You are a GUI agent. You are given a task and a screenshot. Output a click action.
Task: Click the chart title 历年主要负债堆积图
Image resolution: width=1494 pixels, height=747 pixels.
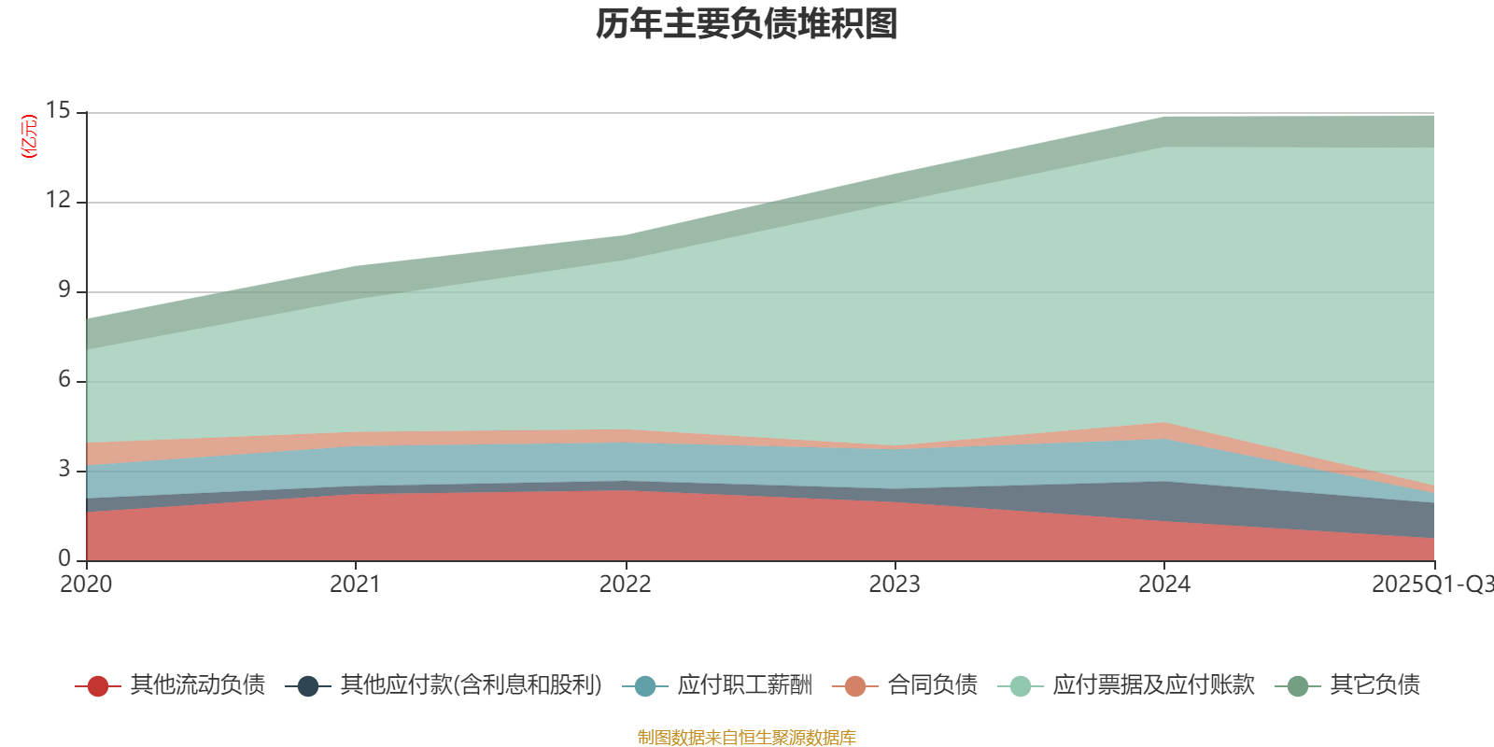pyautogui.click(x=747, y=24)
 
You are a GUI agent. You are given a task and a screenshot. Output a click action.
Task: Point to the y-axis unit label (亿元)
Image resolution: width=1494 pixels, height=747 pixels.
pyautogui.click(x=29, y=136)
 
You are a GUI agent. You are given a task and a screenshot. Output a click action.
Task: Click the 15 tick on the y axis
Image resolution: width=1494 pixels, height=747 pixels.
pyautogui.click(x=58, y=111)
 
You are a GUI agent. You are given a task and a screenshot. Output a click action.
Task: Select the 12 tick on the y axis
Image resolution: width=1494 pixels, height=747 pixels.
pyautogui.click(x=58, y=201)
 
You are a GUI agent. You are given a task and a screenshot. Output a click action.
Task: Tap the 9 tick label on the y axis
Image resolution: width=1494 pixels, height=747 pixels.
pyautogui.click(x=63, y=290)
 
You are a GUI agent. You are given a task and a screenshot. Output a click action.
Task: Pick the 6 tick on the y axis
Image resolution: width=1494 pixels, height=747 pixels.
pyautogui.click(x=63, y=380)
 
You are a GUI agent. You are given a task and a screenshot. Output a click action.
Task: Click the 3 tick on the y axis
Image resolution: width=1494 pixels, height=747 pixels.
pyautogui.click(x=63, y=470)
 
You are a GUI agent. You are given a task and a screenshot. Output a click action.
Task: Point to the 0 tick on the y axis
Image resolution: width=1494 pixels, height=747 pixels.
pyautogui.click(x=63, y=558)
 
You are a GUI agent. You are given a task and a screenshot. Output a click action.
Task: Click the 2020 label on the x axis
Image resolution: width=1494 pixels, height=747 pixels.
pyautogui.click(x=86, y=585)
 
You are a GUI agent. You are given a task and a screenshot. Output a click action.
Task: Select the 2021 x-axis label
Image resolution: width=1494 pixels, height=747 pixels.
pyautogui.click(x=355, y=585)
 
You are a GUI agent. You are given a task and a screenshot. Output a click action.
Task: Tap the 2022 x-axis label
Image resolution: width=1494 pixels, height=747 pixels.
pyautogui.click(x=625, y=585)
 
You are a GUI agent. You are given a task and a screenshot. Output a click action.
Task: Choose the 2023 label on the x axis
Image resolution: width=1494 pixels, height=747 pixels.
pyautogui.click(x=895, y=585)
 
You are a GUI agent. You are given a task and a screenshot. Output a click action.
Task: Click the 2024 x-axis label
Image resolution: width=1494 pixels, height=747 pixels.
pyautogui.click(x=1163, y=585)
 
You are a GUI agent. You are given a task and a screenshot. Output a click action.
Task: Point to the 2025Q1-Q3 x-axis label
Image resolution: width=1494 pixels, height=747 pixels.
pyautogui.click(x=1431, y=585)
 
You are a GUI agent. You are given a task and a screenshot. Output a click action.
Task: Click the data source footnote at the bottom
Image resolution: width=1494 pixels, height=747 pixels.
pyautogui.click(x=747, y=738)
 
